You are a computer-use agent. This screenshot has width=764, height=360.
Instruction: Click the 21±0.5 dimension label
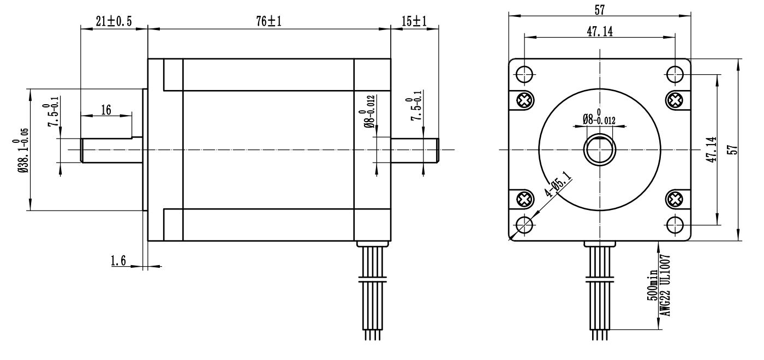pyautogui.click(x=114, y=21)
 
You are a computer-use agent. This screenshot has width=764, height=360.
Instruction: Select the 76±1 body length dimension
pyautogui.click(x=269, y=21)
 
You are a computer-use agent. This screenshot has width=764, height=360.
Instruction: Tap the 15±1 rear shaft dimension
pyautogui.click(x=414, y=21)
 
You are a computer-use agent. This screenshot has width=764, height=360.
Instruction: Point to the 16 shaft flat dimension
pyautogui.click(x=106, y=110)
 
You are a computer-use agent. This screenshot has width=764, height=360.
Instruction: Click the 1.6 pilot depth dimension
pyautogui.click(x=118, y=261)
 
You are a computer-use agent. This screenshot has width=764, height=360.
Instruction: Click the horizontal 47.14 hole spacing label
pyautogui.click(x=600, y=32)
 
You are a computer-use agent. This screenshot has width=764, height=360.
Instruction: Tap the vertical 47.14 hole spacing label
pyautogui.click(x=712, y=149)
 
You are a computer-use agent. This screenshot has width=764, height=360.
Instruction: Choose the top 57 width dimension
pyautogui.click(x=600, y=10)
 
